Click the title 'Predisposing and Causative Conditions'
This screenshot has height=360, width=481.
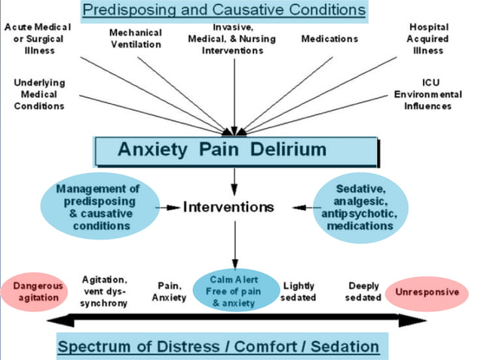[x=225, y=11]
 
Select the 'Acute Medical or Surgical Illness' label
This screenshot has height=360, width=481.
[x=38, y=38]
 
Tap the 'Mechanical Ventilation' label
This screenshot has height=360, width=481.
[x=135, y=38]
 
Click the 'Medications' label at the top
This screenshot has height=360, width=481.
[x=329, y=38]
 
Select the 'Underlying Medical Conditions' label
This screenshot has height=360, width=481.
[x=39, y=94]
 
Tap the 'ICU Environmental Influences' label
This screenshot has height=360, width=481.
[x=427, y=94]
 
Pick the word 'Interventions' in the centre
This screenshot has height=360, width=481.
[x=228, y=206]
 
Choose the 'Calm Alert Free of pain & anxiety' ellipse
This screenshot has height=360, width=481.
[x=235, y=291]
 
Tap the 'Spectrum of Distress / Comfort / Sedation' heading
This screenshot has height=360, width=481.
[x=219, y=347]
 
